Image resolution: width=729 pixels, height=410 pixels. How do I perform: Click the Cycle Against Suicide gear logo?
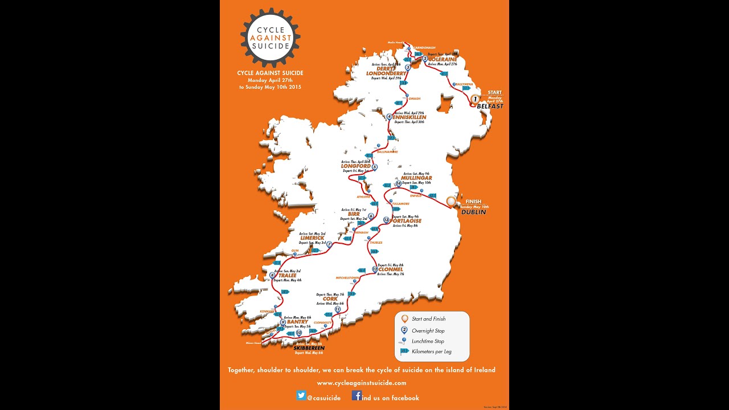coord(271,38)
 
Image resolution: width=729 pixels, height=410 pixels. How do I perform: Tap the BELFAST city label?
coord(490,106)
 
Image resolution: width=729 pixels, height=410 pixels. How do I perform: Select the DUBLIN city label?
coord(474,212)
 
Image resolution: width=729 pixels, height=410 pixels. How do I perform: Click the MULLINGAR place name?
coord(416,178)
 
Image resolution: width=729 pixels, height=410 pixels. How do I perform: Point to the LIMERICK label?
coord(312,238)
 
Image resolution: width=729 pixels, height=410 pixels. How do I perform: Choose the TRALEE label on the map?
coord(288,276)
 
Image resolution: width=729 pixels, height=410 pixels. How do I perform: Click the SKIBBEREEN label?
coord(309,348)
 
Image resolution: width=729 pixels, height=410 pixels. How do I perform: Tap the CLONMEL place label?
coord(391,269)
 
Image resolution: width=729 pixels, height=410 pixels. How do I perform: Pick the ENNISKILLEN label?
coord(409,117)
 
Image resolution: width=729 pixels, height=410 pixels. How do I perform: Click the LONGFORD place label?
coord(356,166)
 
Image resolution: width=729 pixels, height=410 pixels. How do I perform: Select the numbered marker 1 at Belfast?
coord(475,99)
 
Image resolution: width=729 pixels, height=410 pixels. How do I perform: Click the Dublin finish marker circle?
coord(451,200)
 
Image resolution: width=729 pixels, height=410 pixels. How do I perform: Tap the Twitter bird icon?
coord(301,396)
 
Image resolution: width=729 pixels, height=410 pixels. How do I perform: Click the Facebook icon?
coord(357,396)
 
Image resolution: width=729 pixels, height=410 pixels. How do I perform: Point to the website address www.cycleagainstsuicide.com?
coord(362,383)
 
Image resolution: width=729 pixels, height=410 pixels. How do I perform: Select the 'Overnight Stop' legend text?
coord(428,331)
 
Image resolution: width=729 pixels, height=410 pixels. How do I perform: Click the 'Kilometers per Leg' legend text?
coord(432,352)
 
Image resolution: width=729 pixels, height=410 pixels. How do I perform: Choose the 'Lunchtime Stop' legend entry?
coord(428,341)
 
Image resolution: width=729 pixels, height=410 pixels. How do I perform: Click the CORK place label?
coord(330,299)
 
